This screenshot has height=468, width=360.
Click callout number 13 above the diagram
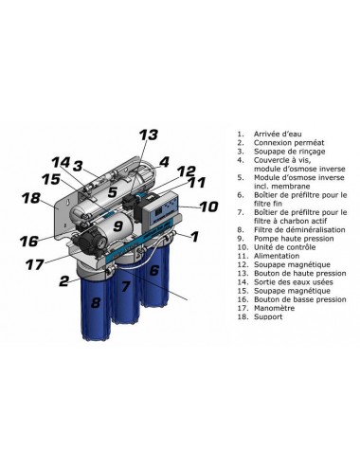[x=149, y=135]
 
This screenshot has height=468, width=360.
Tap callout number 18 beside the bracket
[x=31, y=198]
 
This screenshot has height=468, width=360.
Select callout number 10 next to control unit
[x=208, y=207]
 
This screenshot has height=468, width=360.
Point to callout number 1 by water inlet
[x=195, y=236]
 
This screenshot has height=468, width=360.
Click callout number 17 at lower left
[x=35, y=264]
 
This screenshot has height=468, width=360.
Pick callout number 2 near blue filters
[x=64, y=281]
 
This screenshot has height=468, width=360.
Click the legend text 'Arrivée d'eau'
[x=278, y=134]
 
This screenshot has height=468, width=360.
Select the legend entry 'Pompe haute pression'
[x=294, y=239]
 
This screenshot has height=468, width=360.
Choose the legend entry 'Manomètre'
[x=274, y=308]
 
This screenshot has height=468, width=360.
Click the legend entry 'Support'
[x=268, y=316]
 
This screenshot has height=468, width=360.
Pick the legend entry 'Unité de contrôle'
[x=284, y=247]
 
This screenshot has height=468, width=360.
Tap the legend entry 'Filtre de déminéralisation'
[x=299, y=229]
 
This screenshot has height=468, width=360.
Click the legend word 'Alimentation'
[x=277, y=256]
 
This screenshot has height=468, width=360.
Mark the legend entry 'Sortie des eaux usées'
[x=294, y=282]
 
